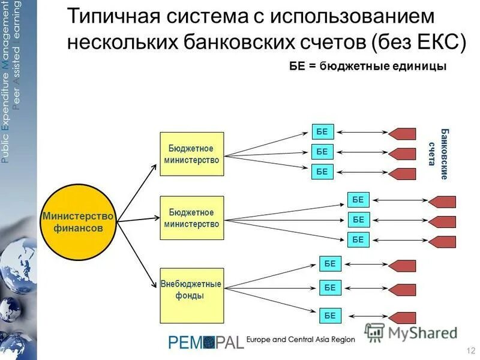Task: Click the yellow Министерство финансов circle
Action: coord(78,222)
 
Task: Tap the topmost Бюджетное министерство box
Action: coord(191,154)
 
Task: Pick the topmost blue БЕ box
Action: coord(322,131)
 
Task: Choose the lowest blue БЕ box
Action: coord(330,314)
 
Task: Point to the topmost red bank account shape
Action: coord(402,134)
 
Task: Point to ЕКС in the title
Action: coord(439,42)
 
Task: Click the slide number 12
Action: coord(470,350)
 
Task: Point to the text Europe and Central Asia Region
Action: coord(301,340)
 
